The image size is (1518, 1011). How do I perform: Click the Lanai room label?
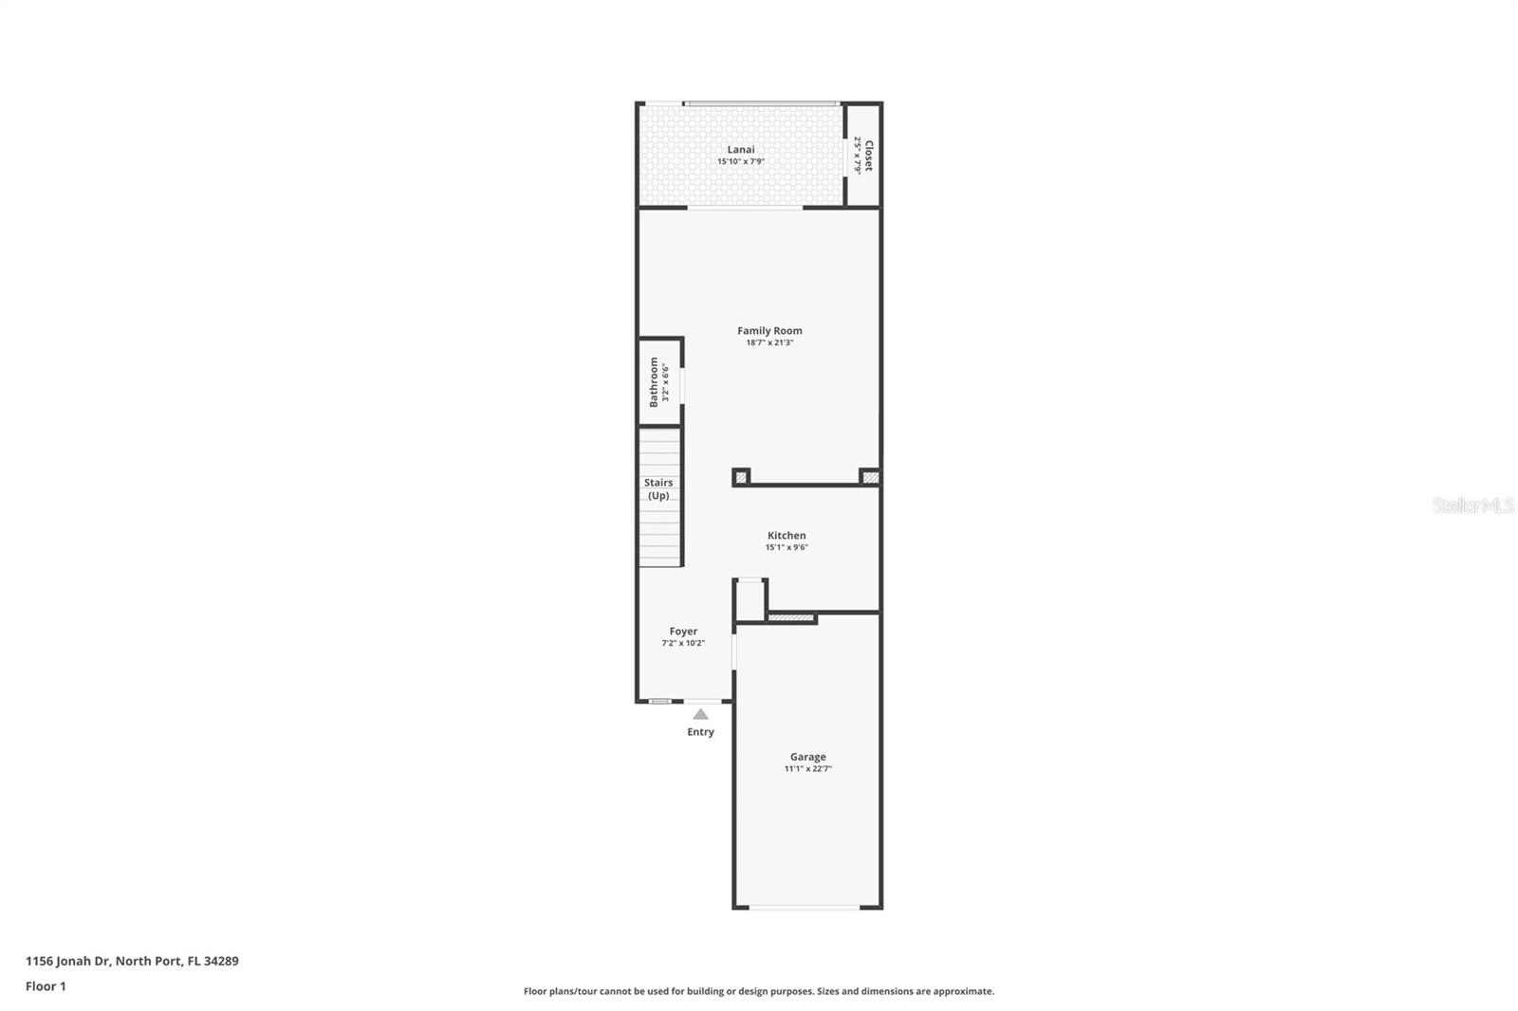[x=741, y=149]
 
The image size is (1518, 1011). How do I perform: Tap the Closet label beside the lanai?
[x=868, y=155]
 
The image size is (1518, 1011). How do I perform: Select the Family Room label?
[x=769, y=330]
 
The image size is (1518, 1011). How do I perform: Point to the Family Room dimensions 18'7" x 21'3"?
[x=769, y=342]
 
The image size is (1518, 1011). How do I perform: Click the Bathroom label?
[x=654, y=381]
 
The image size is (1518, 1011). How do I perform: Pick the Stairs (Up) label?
[x=658, y=488]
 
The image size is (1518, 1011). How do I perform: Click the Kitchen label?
[x=787, y=535]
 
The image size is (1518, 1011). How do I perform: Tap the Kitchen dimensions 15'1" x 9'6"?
[x=787, y=547]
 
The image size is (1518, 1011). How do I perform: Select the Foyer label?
[x=683, y=631]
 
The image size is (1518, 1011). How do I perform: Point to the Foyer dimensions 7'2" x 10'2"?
[x=683, y=643]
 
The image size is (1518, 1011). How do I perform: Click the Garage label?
[x=807, y=756]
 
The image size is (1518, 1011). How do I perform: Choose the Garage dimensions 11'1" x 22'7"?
[x=807, y=768]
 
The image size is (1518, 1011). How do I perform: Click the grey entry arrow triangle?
[x=700, y=714]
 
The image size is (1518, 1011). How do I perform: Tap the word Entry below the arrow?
[x=700, y=731]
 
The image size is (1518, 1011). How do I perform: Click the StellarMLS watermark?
[x=1472, y=505]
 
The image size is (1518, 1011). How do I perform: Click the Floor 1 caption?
[x=46, y=986]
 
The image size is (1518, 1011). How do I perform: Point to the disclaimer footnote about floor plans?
[x=759, y=991]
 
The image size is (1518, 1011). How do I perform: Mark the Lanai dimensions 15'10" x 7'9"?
[x=741, y=161]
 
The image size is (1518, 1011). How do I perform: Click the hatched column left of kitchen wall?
[x=742, y=477]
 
